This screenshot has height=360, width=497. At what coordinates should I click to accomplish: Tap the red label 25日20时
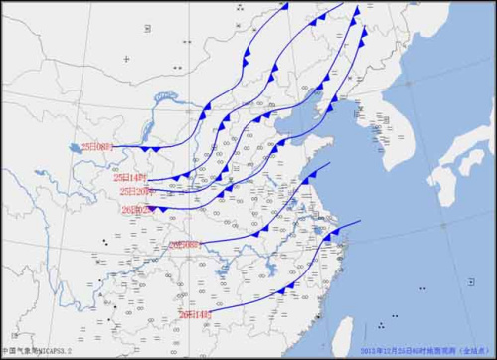click(135, 191)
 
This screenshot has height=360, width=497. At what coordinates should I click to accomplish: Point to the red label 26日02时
click(136, 209)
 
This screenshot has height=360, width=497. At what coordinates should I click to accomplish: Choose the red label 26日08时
click(185, 243)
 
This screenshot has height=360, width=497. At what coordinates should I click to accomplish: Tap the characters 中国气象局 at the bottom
click(18, 351)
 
